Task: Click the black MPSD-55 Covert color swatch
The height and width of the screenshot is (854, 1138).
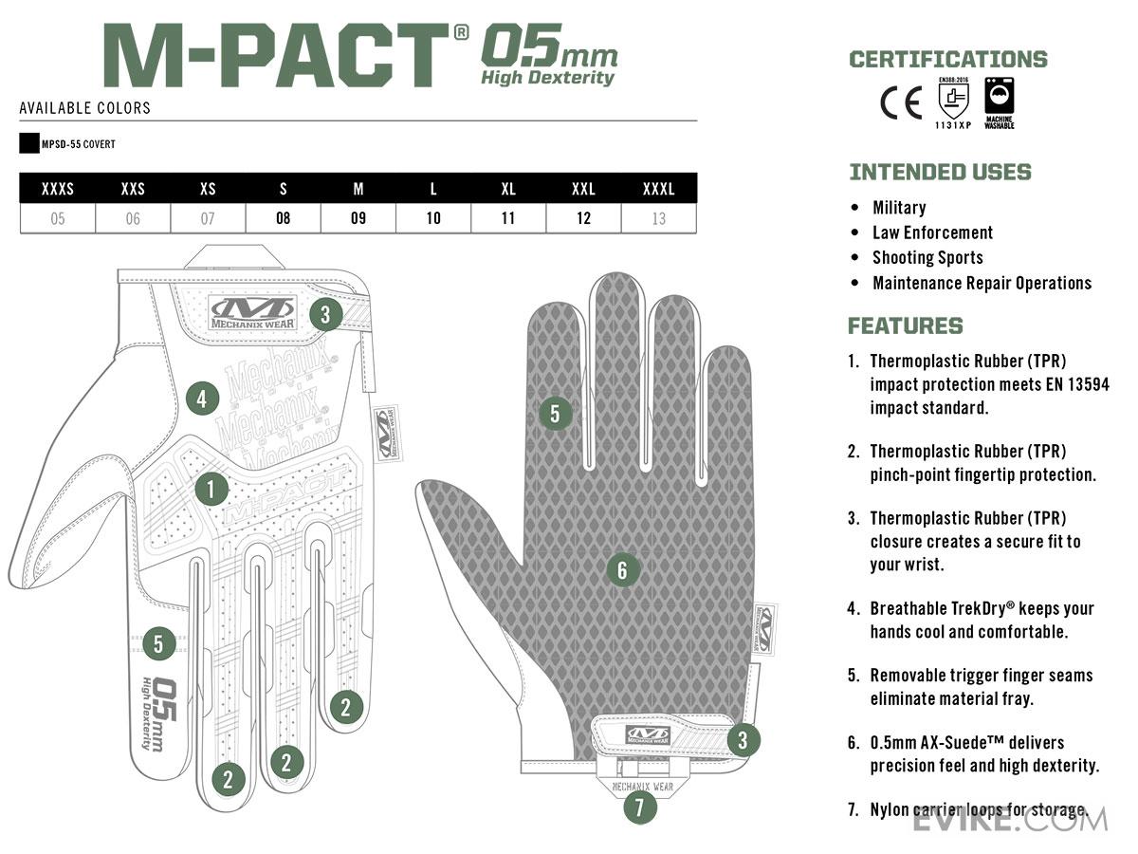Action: [x=29, y=144]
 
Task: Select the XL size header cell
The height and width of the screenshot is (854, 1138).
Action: [x=508, y=189]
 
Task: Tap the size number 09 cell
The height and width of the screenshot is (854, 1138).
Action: [x=358, y=219]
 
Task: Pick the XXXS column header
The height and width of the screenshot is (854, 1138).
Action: [x=58, y=189]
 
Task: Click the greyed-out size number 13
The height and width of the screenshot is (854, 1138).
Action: [x=658, y=219]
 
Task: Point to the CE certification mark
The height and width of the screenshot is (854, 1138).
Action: [x=900, y=102]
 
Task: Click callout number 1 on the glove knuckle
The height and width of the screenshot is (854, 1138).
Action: [x=211, y=490]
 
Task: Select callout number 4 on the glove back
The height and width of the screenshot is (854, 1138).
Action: [x=202, y=399]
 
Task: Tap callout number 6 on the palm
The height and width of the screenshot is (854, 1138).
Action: [x=622, y=569]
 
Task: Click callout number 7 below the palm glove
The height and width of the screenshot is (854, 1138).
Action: [x=640, y=808]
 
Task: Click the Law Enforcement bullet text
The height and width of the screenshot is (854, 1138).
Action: [x=932, y=232]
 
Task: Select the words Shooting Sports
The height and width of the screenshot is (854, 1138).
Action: [x=927, y=257]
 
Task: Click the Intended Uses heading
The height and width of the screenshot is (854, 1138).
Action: [x=940, y=173]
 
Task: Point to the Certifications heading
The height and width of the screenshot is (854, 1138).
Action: [x=948, y=60]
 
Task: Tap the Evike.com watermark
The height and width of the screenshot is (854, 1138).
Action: [x=1009, y=821]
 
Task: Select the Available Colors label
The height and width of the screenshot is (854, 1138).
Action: [x=85, y=108]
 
